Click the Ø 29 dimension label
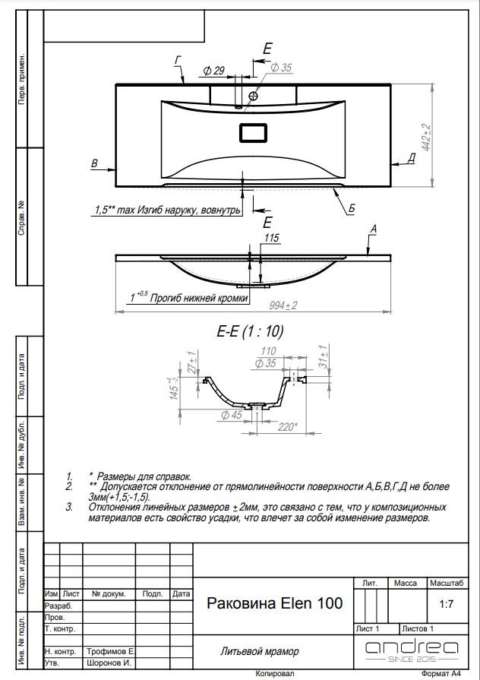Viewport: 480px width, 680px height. coord(213,70)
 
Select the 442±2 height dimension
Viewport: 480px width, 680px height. coord(427,138)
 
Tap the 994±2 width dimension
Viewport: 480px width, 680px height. coord(283,305)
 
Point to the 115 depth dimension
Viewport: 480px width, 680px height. coord(271,238)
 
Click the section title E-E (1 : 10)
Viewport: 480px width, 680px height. coord(250,332)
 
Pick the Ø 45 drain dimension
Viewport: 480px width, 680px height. coord(232,415)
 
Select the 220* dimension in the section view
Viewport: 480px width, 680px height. coord(288,427)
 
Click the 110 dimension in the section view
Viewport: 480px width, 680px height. coord(269,351)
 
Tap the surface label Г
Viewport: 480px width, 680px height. coord(178,60)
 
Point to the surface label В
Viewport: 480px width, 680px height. coord(94,163)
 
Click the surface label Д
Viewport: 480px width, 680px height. coord(411,158)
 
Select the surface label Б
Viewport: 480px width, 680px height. coord(351,209)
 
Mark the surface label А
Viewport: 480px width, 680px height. coord(373,229)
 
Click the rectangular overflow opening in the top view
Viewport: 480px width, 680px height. coord(253,133)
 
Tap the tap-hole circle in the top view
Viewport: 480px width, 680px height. coord(254,96)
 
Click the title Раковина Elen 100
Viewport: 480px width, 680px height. coord(274,603)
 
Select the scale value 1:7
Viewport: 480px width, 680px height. coord(446,604)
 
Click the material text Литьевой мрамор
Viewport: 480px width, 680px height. coord(259,651)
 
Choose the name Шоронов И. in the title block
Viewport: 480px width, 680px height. coord(109,663)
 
